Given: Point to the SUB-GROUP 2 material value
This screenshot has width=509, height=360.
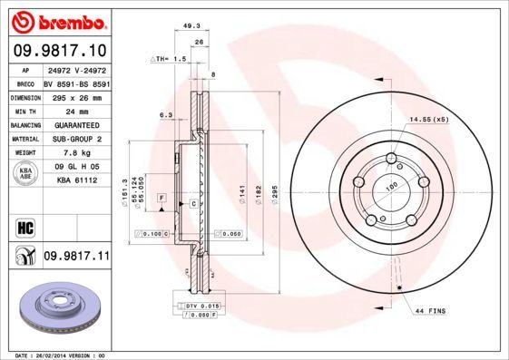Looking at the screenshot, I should pos(72,139).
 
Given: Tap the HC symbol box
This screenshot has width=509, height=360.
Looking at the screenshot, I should pos(24,227).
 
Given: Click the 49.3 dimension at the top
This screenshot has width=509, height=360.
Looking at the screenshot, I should pos(191,26).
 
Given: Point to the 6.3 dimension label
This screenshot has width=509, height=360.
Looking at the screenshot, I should pos(166,115).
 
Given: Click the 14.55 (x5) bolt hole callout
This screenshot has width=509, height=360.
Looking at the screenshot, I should pos(429,120).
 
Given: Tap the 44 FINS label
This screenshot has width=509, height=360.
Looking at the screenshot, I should pos(430,311).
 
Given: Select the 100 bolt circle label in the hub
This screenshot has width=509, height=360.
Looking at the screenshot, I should pos(392,186).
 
